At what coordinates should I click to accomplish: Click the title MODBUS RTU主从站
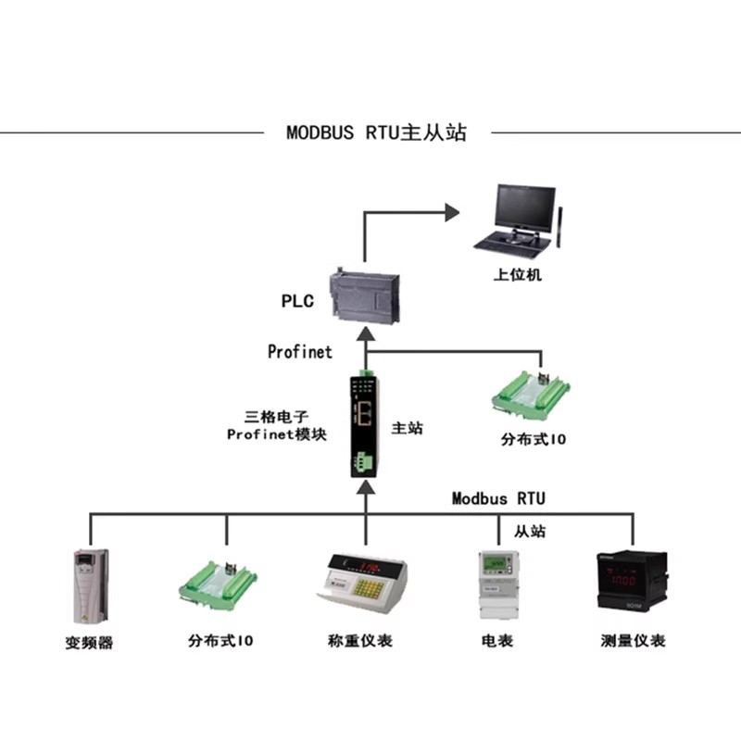(377, 132)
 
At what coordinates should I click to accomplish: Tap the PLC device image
(365, 295)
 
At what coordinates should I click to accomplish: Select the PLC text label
(297, 301)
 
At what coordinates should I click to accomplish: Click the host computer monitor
(524, 208)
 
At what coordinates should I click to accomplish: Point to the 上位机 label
(518, 274)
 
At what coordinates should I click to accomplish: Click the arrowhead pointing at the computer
(452, 213)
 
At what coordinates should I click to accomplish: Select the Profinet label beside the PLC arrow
(299, 352)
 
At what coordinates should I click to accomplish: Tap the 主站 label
(408, 428)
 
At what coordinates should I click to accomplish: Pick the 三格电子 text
(276, 417)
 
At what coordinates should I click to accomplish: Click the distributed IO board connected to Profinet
(531, 396)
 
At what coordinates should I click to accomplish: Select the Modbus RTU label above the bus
(498, 498)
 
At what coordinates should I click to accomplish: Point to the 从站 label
(530, 531)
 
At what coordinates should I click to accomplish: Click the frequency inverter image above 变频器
(91, 586)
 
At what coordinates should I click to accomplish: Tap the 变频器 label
(89, 643)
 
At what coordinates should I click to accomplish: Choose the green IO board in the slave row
(218, 584)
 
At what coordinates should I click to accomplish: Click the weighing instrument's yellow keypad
(369, 588)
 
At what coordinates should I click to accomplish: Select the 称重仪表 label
(360, 641)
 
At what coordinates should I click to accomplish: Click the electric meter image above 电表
(498, 585)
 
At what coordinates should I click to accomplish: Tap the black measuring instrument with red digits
(633, 582)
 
